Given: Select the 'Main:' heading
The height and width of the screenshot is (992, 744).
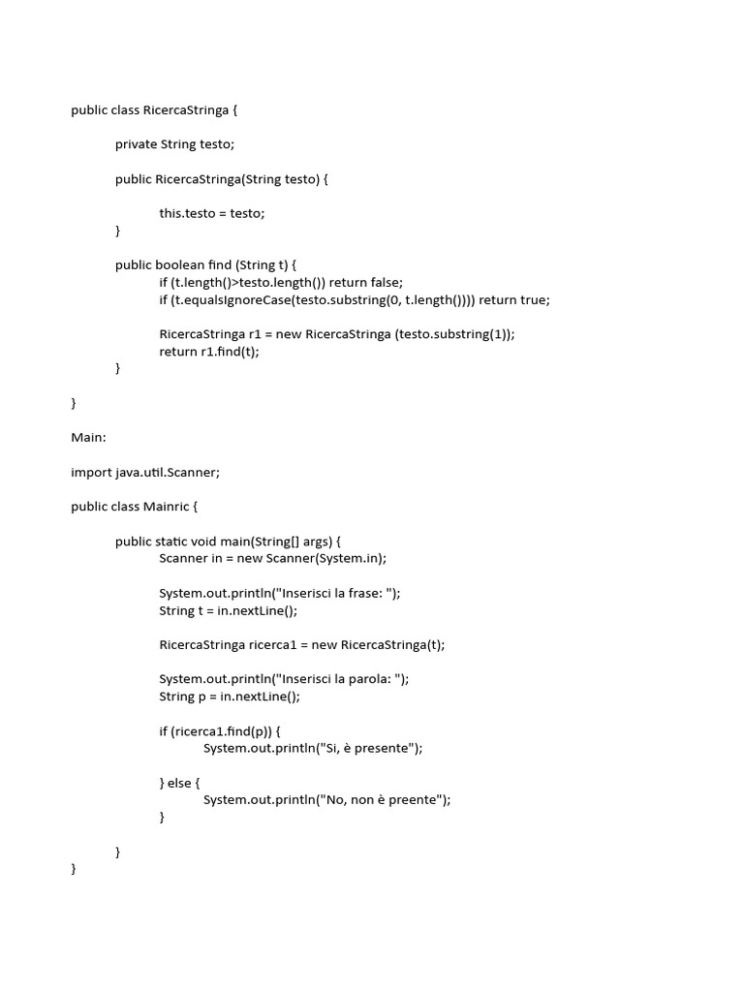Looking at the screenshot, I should click(x=88, y=437).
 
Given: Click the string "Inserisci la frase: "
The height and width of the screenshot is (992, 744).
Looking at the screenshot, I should click(x=336, y=593).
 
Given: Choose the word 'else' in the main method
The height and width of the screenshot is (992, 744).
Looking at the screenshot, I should click(x=179, y=783).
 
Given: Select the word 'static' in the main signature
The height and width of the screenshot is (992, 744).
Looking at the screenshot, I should click(x=174, y=542).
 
